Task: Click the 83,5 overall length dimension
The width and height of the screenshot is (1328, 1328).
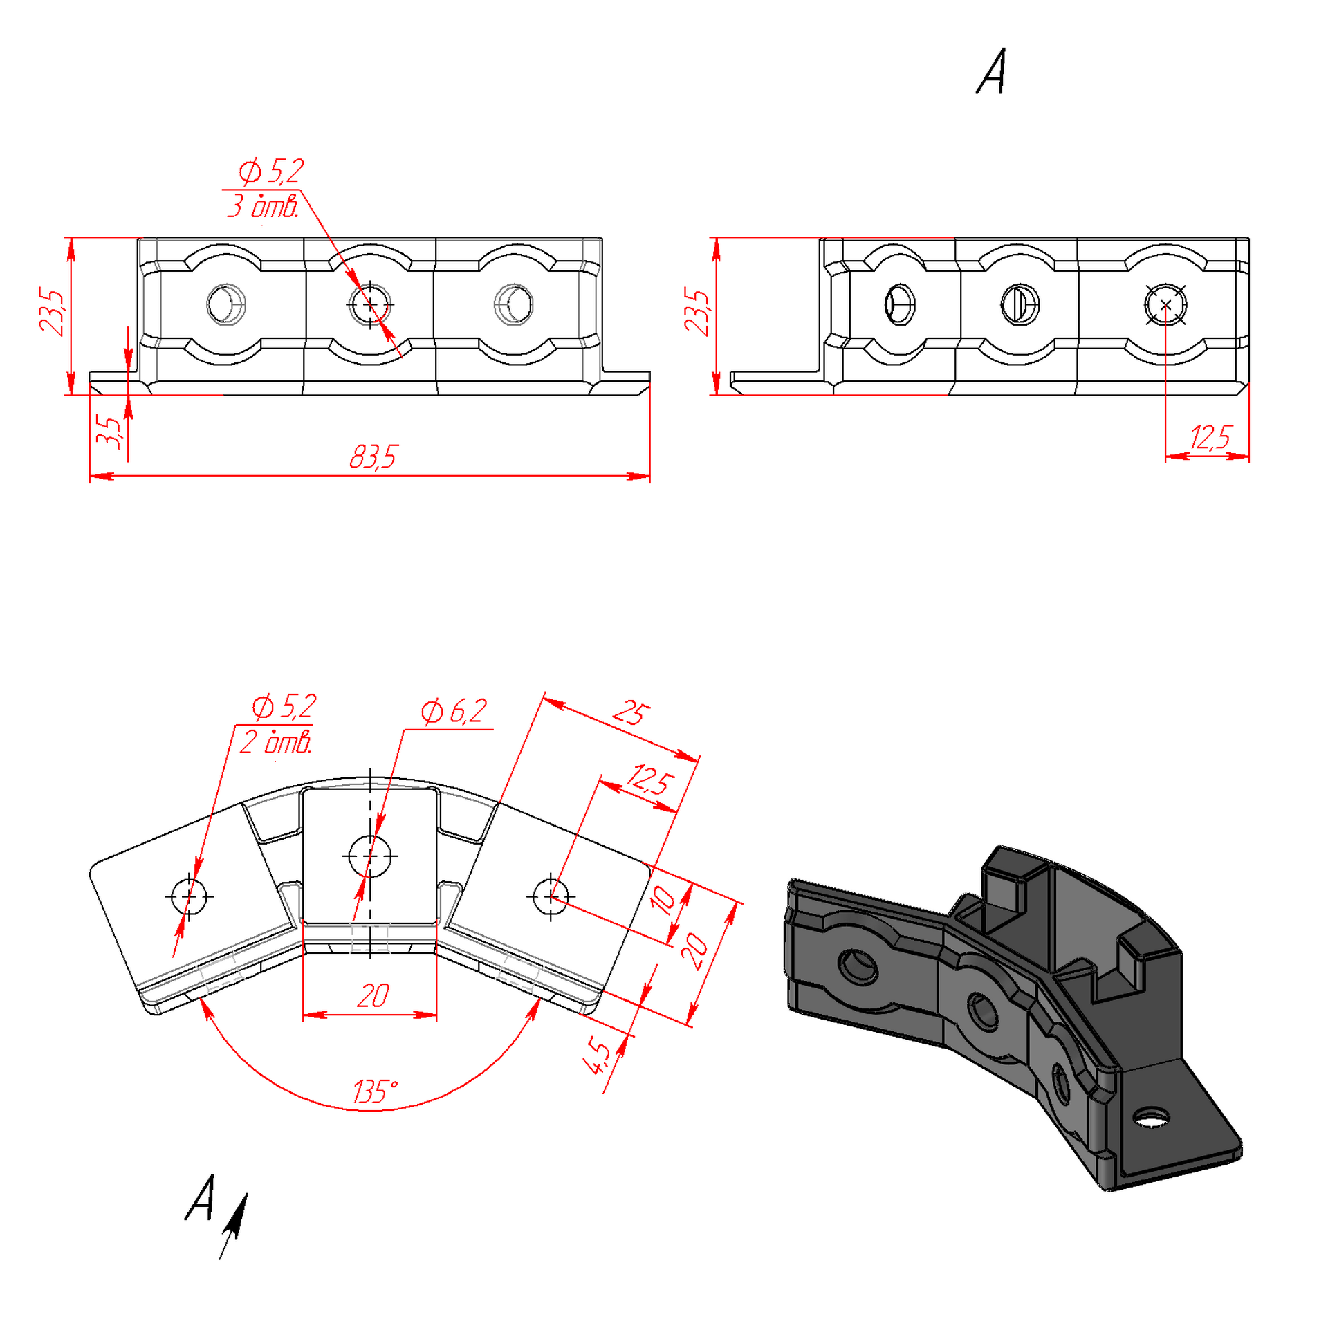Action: coord(373,457)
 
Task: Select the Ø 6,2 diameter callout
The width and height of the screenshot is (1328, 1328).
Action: coord(454,711)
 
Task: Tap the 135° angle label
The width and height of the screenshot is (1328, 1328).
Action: coord(375,1092)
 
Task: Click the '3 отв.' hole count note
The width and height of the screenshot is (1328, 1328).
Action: coord(264,206)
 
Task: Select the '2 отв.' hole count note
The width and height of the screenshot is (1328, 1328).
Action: coord(276,742)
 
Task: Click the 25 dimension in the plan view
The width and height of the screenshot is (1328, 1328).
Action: coord(631,713)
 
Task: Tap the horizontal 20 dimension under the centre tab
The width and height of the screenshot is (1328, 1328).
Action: coord(373,996)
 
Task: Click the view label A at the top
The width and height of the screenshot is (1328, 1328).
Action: coord(991,71)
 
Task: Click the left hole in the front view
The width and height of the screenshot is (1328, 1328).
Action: coord(226,304)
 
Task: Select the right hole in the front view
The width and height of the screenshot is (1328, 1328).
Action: coord(514,304)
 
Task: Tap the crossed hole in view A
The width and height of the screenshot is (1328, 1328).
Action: coord(1165,304)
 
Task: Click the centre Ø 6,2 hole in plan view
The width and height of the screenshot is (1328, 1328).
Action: coord(370,856)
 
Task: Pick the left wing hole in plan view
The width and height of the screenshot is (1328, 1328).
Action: coord(189,896)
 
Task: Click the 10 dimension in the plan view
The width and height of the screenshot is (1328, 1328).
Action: coord(663,900)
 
